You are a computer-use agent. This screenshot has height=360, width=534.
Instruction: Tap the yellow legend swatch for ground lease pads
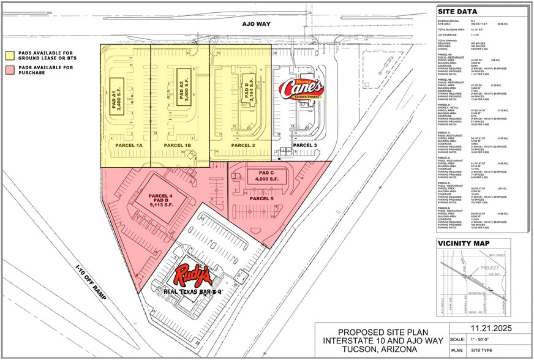coord(10,53)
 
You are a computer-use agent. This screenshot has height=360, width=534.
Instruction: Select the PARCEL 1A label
coord(129,144)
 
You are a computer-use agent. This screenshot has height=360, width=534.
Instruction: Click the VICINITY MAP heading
coord(464,243)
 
